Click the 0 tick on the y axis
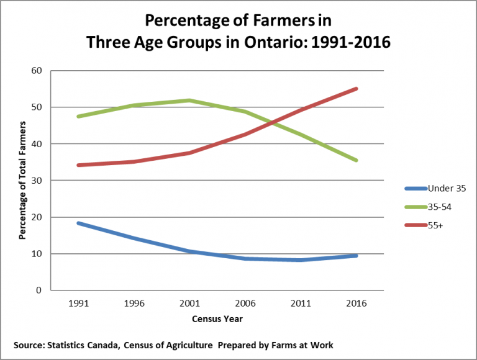[x=39, y=290]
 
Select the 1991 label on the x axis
[x=78, y=304]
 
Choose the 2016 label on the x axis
[x=356, y=304]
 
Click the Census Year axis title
[x=217, y=319]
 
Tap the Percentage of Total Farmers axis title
[x=22, y=181]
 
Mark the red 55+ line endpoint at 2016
[x=356, y=89]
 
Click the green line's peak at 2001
[x=189, y=101]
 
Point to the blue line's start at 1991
[x=78, y=223]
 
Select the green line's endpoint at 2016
[x=356, y=160]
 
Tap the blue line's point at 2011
[x=301, y=259]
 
